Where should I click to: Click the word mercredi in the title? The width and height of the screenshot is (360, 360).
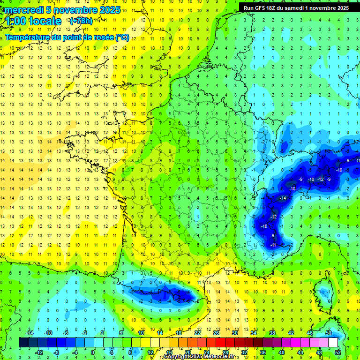click(x=23, y=10)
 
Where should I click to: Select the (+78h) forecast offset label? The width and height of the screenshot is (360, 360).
click(x=81, y=21)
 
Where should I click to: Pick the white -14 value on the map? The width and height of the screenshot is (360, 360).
click(x=283, y=199)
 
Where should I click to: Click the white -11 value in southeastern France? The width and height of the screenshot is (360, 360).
click(x=273, y=245)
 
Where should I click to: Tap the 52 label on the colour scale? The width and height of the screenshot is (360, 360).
click(x=338, y=352)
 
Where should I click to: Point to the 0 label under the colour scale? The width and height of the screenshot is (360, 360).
click(x=93, y=352)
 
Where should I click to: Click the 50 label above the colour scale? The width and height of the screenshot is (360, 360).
click(x=328, y=332)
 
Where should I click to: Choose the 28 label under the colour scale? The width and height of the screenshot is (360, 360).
click(x=225, y=352)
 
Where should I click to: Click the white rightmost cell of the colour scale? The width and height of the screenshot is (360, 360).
click(x=333, y=342)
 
